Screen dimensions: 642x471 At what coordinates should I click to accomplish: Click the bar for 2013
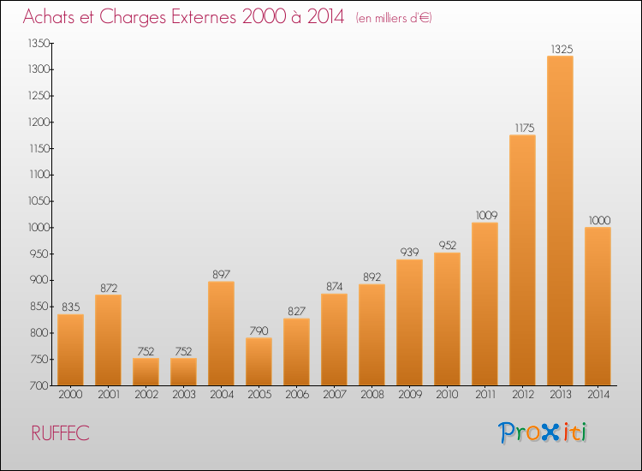click(x=560, y=220)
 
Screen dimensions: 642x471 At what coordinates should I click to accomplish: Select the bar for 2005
click(x=259, y=361)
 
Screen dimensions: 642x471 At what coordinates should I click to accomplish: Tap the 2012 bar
click(x=522, y=260)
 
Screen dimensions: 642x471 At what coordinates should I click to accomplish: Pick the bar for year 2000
click(x=70, y=349)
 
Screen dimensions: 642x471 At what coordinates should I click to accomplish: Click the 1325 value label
click(x=562, y=50)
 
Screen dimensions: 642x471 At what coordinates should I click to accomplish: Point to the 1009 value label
click(x=486, y=216)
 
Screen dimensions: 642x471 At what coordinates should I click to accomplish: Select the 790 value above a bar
click(x=259, y=331)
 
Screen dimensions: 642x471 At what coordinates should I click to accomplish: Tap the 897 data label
click(x=221, y=274)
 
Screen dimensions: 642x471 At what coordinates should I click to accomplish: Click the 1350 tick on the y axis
click(x=39, y=43)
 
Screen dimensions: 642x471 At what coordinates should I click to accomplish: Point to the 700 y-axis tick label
click(x=39, y=385)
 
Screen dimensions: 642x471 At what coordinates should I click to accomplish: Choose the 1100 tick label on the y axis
click(x=39, y=175)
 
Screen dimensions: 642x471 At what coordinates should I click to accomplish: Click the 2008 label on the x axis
click(x=372, y=395)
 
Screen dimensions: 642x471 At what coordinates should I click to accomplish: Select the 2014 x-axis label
click(x=598, y=395)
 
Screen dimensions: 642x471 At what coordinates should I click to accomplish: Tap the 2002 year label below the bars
click(x=146, y=395)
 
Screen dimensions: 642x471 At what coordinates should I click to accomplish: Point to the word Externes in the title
click(x=204, y=17)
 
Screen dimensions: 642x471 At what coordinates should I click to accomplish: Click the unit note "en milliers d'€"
click(x=394, y=19)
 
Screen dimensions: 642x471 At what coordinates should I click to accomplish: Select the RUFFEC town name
click(x=60, y=433)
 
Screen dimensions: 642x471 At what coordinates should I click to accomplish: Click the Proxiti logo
click(x=543, y=432)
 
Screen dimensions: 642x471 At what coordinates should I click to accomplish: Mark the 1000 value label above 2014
click(x=599, y=221)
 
